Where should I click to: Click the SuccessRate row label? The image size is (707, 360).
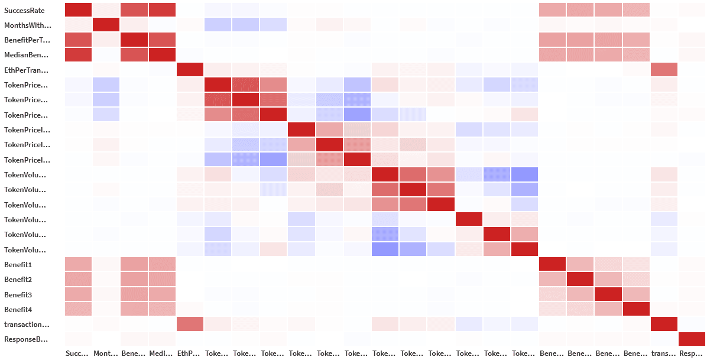[x=24, y=10]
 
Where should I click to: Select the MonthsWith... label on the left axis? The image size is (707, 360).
[x=28, y=25]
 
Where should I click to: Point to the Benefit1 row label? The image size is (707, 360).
[x=18, y=264]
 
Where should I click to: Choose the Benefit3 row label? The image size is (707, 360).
[x=18, y=294]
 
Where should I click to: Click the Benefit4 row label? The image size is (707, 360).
[x=18, y=309]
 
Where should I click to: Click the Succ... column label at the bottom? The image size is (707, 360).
[x=77, y=353]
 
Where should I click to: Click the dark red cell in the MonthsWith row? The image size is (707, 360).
[x=106, y=25]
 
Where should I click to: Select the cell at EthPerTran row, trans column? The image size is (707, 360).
[x=664, y=70]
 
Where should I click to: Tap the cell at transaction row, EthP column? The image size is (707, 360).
[x=190, y=324]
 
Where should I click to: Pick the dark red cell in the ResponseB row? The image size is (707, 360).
[x=692, y=339]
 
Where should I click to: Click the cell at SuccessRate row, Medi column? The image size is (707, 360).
[x=162, y=10]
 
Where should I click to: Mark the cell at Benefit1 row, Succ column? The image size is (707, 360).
[x=78, y=264]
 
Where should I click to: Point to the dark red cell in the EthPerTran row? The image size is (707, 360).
[x=190, y=70]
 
